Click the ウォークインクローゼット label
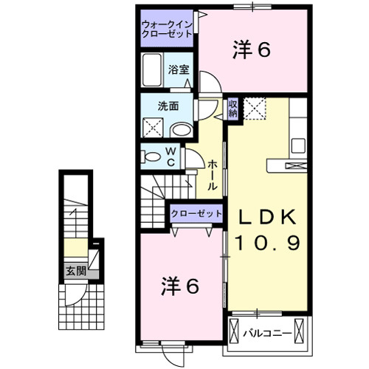[x=168, y=30]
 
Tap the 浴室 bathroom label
[x=178, y=70]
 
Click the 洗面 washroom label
[x=168, y=106]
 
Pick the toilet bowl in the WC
[x=151, y=156]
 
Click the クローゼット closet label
[x=196, y=213]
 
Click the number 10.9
[x=267, y=243]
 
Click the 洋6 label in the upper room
[x=252, y=49]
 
